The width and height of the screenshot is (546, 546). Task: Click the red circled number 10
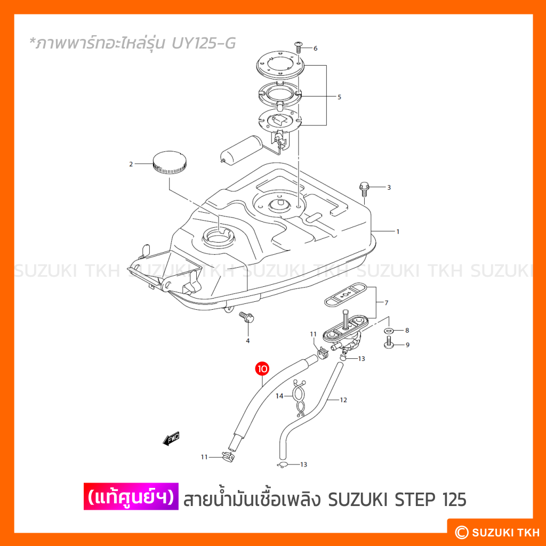(x=262, y=368)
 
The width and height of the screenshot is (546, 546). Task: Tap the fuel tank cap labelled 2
(x=170, y=163)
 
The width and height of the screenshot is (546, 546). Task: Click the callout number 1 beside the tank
(x=398, y=231)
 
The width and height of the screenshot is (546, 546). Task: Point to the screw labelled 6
(x=299, y=47)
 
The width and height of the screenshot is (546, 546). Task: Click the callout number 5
(x=339, y=97)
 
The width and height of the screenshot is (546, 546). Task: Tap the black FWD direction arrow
(x=172, y=439)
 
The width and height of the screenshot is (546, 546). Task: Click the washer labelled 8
(x=389, y=330)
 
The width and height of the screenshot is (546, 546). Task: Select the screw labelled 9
(x=389, y=342)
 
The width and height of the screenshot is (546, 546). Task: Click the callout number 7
(x=386, y=303)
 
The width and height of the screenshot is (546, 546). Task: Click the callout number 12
(x=343, y=400)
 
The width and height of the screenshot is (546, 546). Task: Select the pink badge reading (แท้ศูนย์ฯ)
(x=131, y=496)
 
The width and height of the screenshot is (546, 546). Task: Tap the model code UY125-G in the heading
(x=204, y=43)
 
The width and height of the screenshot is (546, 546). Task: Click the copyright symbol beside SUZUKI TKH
(x=462, y=532)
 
